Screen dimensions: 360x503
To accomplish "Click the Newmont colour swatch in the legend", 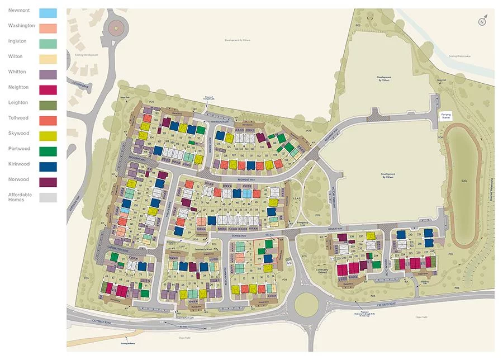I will pos(49,13).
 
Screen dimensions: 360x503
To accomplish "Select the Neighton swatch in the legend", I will pos(49,89).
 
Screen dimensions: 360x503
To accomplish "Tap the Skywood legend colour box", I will pos(49,136).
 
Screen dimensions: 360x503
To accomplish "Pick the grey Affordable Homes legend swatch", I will pos(49,197).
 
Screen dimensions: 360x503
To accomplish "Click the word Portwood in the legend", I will pos(20,148).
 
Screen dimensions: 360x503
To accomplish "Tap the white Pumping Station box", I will pos(446,116).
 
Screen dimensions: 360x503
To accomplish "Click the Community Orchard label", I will pos(322,271).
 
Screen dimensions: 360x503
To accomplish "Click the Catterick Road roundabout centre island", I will pos(306,304).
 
